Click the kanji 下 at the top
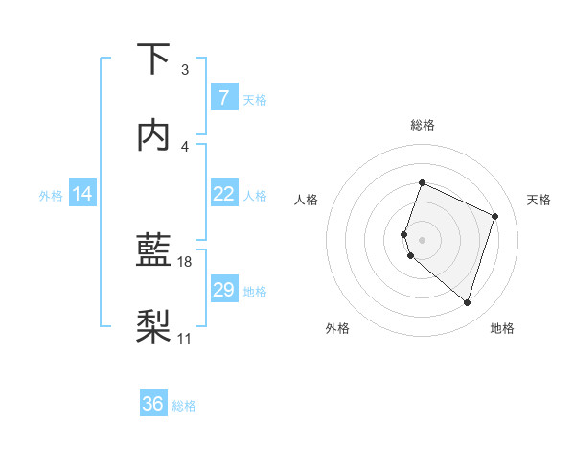[153, 59]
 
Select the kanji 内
[153, 134]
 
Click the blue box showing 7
[223, 97]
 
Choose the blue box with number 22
[223, 194]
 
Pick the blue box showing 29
[223, 290]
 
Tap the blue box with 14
[82, 194]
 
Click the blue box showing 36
[153, 404]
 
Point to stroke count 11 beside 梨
[185, 338]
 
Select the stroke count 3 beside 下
[185, 70]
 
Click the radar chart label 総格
[422, 125]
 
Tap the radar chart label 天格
[540, 200]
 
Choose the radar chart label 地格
[502, 328]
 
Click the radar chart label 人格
[307, 200]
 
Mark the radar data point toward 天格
[495, 216]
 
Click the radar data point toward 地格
[467, 303]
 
